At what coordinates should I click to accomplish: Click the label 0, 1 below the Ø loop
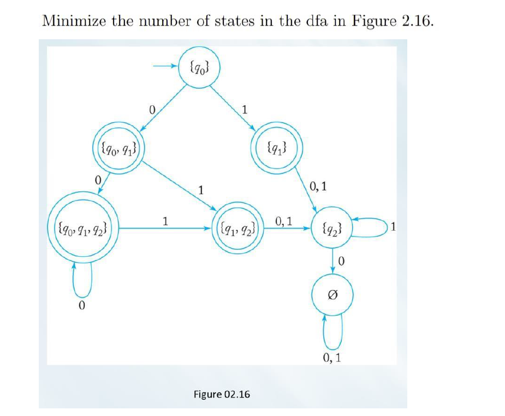[x=332, y=358]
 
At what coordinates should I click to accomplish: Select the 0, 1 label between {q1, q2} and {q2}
[x=285, y=221]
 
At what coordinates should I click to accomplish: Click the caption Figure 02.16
[x=222, y=394]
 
